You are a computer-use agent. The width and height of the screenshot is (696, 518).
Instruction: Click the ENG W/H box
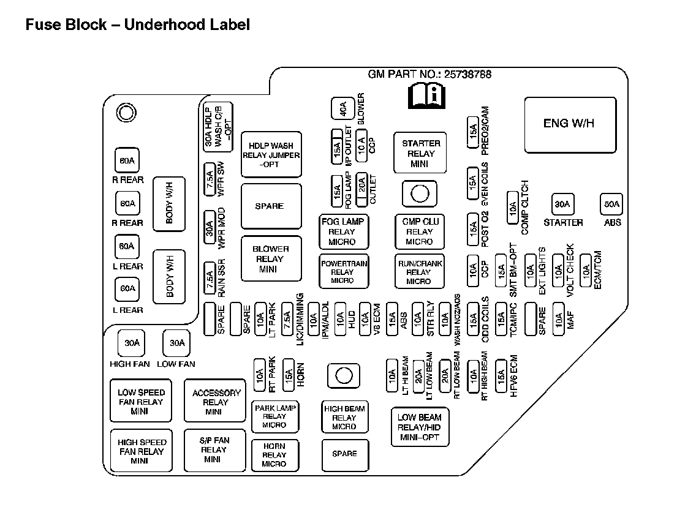569,124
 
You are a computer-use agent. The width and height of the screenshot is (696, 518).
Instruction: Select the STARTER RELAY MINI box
420,153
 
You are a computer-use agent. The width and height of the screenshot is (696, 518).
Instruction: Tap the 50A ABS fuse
611,204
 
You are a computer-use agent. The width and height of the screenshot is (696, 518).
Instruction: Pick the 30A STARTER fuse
562,204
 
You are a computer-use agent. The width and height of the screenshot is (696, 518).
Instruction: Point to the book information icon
426,96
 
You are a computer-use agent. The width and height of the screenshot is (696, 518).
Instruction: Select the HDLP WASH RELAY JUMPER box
271,155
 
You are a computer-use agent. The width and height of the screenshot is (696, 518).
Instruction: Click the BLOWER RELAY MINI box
271,258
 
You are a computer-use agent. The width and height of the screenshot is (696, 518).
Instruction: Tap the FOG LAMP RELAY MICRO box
342,231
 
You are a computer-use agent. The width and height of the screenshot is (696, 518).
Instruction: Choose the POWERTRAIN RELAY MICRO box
343,271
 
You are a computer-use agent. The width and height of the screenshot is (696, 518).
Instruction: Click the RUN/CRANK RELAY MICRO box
419,271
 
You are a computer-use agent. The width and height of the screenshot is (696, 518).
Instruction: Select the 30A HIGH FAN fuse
132,343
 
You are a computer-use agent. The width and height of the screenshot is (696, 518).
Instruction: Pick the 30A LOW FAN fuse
176,343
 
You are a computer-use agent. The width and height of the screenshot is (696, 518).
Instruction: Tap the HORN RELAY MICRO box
274,454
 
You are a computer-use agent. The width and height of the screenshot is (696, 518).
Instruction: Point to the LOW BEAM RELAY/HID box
420,427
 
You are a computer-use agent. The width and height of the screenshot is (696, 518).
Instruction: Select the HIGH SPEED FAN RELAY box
142,451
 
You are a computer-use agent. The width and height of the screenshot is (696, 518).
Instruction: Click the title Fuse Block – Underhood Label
137,25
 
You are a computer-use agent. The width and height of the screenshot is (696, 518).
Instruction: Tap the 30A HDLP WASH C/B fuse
217,127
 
